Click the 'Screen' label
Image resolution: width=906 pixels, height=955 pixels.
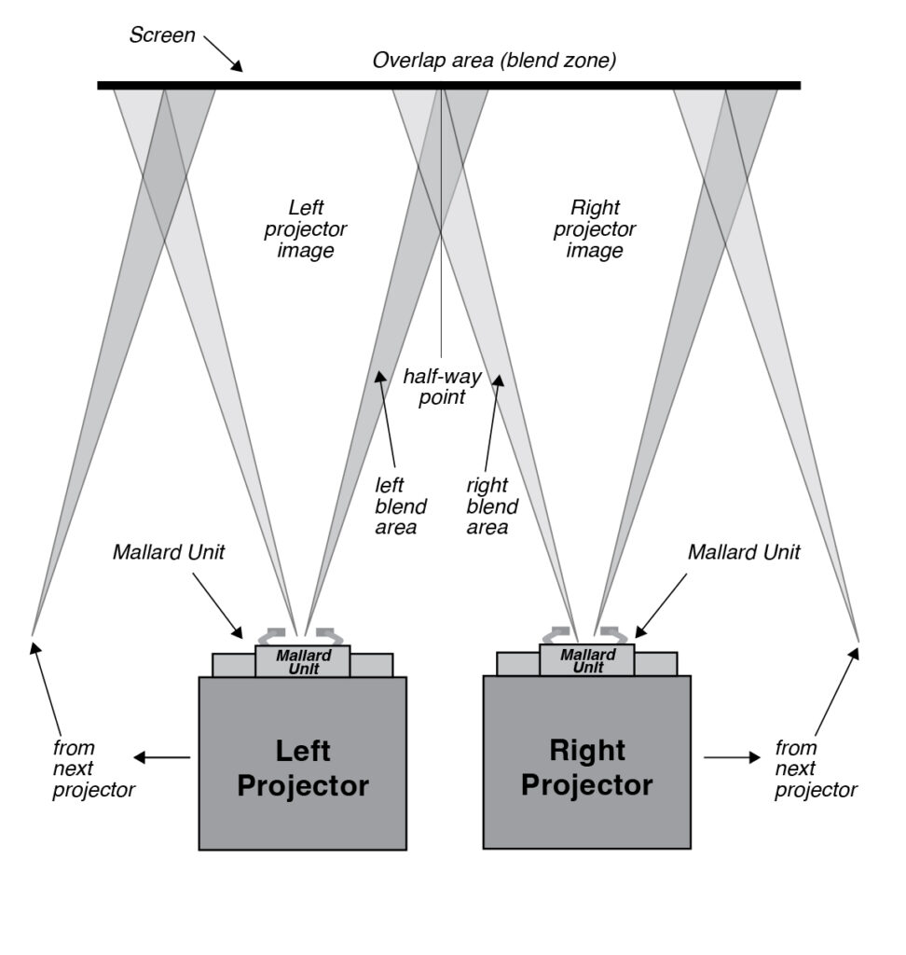[x=162, y=35]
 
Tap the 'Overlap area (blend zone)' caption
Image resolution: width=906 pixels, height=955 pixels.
[x=494, y=61]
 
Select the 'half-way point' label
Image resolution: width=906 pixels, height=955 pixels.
[x=442, y=387]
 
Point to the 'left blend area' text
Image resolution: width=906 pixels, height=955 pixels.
[x=401, y=506]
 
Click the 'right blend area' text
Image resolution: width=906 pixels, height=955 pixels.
[x=492, y=506]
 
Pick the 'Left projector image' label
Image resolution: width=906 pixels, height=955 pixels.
[x=305, y=229]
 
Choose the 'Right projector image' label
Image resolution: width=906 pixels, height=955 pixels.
[x=595, y=229]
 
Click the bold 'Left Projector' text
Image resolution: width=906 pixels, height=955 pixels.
[x=303, y=768]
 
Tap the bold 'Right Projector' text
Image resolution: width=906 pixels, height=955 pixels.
[x=587, y=768]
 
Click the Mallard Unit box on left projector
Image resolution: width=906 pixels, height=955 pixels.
[x=303, y=661]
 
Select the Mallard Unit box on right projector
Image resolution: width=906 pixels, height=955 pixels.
[x=587, y=660]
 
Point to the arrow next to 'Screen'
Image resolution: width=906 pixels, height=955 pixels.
[x=223, y=53]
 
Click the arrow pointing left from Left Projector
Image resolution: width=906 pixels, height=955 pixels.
[x=162, y=757]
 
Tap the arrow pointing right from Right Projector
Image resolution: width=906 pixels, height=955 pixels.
[x=733, y=757]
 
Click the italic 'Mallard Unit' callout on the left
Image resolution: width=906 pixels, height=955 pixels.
[x=169, y=552]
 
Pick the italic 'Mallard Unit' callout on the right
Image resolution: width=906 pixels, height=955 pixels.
[x=744, y=552]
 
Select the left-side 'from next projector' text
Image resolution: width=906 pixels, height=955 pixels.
[x=93, y=768]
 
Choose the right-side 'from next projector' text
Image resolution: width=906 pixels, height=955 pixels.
[x=816, y=768]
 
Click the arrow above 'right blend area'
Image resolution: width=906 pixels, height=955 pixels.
[x=492, y=422]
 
